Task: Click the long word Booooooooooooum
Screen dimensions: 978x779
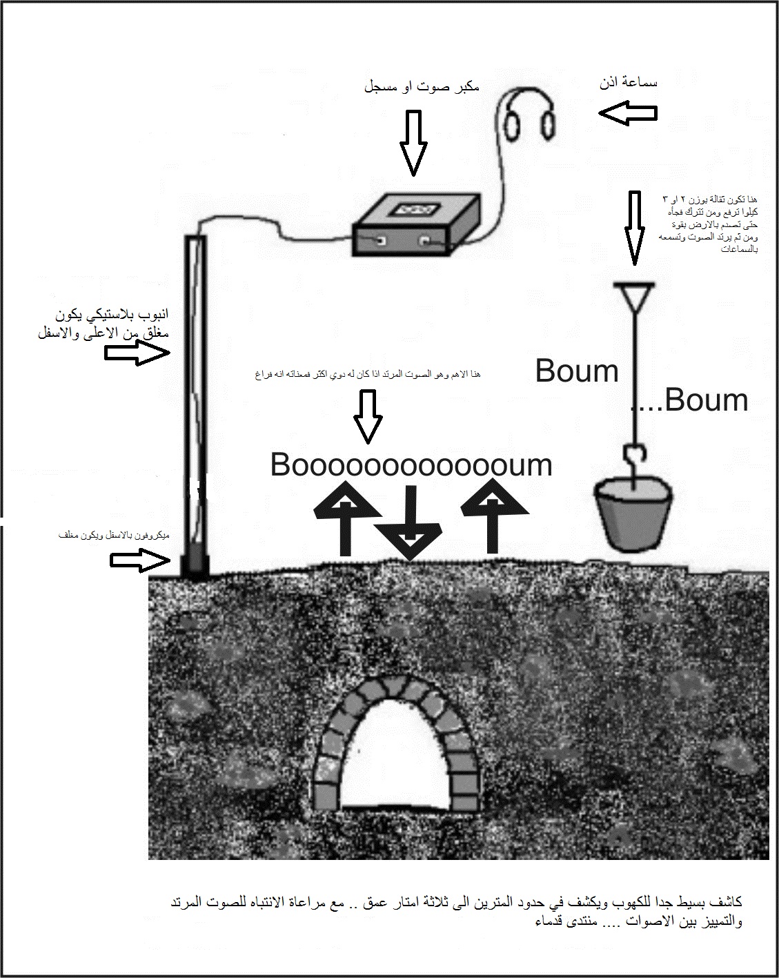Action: click(411, 465)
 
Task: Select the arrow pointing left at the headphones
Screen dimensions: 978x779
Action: click(627, 112)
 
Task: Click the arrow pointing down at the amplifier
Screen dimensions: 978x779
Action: click(413, 141)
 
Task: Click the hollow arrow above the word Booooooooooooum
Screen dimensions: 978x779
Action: click(368, 417)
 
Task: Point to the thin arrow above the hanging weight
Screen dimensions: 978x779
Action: click(633, 228)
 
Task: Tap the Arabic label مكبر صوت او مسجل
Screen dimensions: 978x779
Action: click(421, 88)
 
